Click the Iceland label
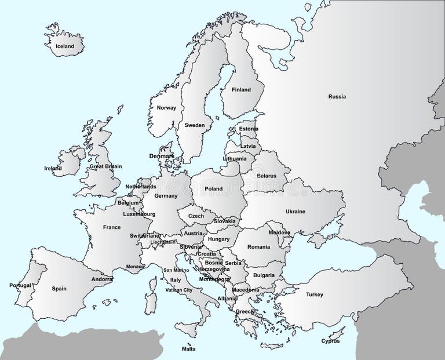(65, 46)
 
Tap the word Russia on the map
(337, 97)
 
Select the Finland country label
(241, 90)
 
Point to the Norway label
(166, 108)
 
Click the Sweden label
(195, 125)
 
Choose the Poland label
(213, 189)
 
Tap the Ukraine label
(295, 212)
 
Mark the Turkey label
(315, 294)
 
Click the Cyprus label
(330, 341)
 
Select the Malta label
(188, 349)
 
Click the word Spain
(59, 289)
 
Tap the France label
(112, 227)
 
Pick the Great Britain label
(105, 166)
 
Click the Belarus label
(266, 176)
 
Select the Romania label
(258, 247)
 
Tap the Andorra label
(102, 279)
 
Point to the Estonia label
(249, 129)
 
